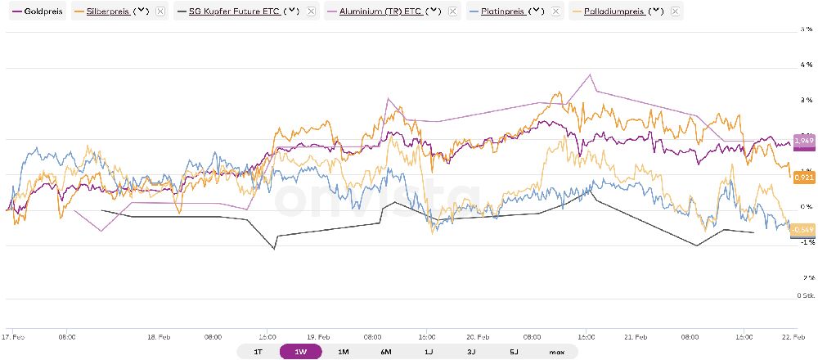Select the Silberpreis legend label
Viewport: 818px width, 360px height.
click(x=107, y=12)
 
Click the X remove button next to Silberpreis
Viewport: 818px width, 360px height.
click(x=160, y=12)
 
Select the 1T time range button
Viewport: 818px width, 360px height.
click(x=258, y=352)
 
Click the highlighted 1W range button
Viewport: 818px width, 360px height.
click(x=300, y=352)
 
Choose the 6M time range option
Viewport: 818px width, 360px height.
click(x=385, y=352)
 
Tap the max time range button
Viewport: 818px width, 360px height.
click(x=556, y=352)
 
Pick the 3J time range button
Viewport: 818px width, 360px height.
click(x=471, y=352)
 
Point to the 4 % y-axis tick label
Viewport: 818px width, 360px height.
click(x=806, y=65)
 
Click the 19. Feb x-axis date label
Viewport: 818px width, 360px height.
click(x=318, y=335)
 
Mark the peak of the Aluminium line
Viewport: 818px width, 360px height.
click(x=590, y=74)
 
